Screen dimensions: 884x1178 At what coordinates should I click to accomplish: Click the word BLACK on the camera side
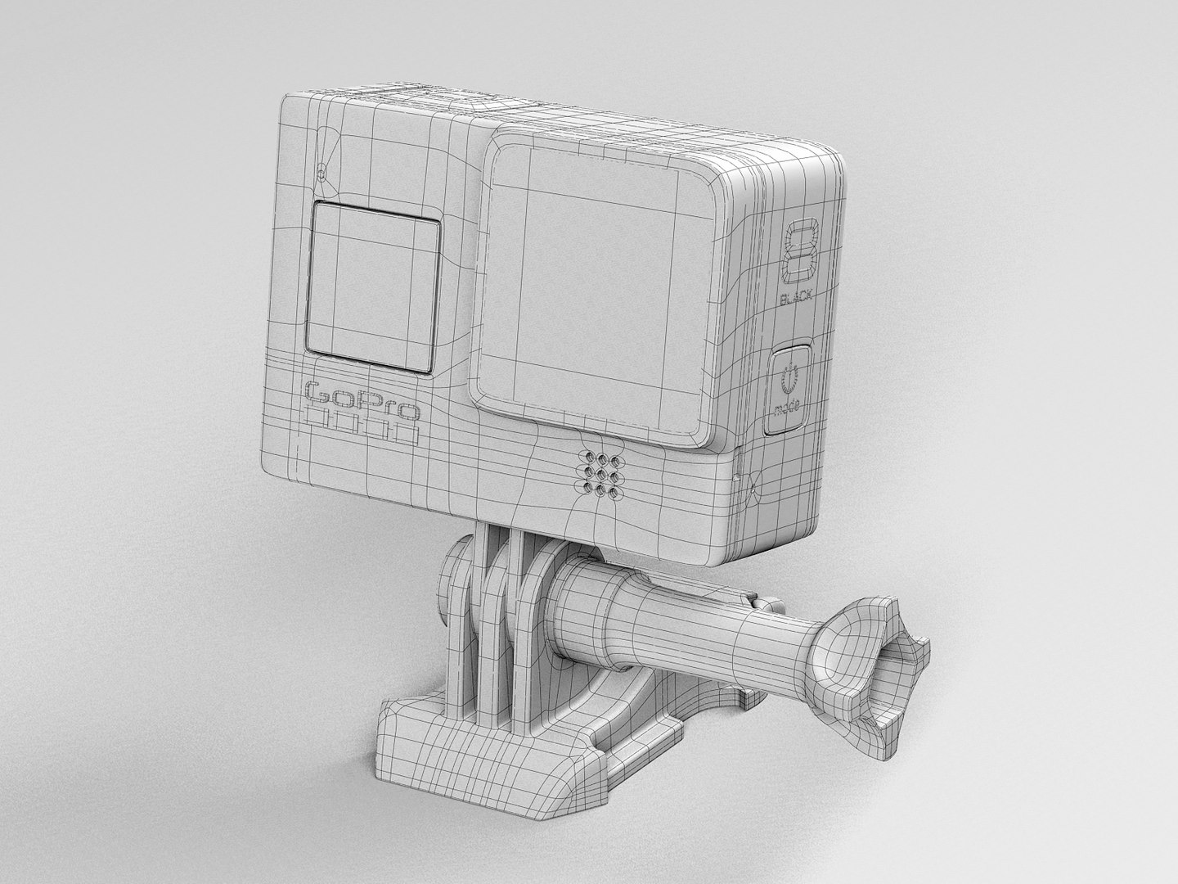(797, 300)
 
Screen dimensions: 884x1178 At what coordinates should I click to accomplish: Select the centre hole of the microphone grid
(601, 472)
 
